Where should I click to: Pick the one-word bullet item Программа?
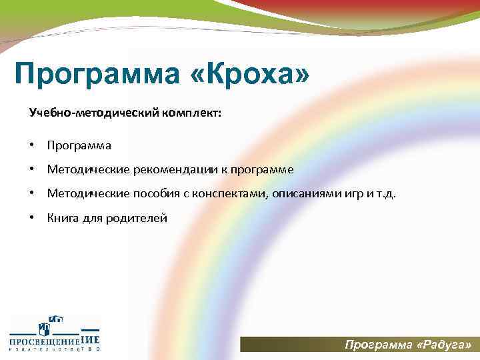click(x=79, y=145)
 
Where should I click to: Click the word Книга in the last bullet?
click(x=61, y=217)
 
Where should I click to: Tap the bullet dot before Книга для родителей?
click(x=32, y=217)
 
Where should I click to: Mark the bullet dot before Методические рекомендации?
click(x=32, y=169)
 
